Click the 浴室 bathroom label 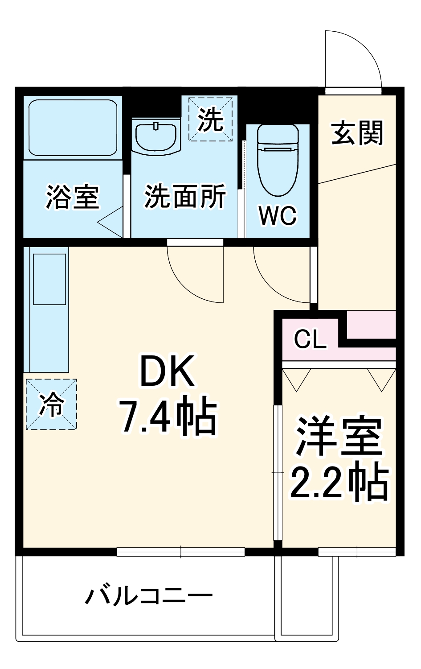(x=72, y=197)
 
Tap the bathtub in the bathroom (x=73, y=128)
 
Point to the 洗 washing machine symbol (x=211, y=120)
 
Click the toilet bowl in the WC (x=278, y=161)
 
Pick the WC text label (x=278, y=216)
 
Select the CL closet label (x=310, y=340)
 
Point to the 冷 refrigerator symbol (x=51, y=405)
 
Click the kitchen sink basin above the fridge (x=49, y=279)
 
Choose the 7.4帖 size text (x=168, y=418)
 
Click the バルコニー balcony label (x=149, y=596)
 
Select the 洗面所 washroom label (x=185, y=196)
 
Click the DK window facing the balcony (x=181, y=552)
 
